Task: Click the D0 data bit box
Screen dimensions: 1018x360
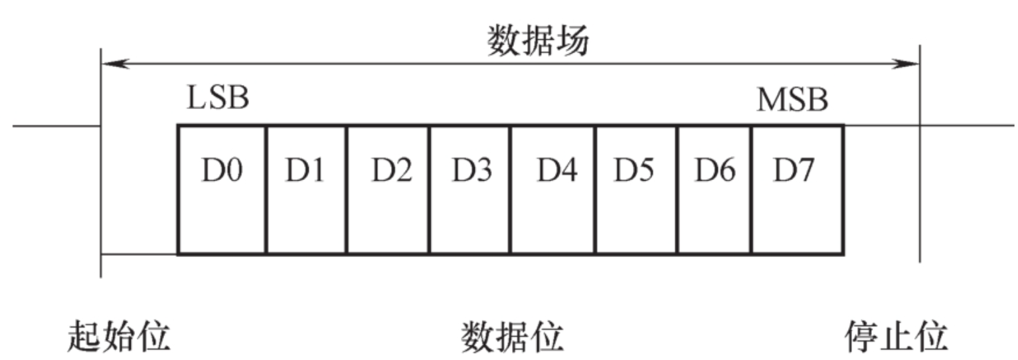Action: tap(222, 189)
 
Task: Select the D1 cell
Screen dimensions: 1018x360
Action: tap(306, 189)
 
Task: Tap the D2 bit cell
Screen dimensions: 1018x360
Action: tap(388, 189)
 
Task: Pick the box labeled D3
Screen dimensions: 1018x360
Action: tap(470, 189)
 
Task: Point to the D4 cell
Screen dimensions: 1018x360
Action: tap(553, 189)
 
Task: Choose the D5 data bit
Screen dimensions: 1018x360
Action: tap(636, 189)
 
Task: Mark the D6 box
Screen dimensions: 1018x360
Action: tap(715, 189)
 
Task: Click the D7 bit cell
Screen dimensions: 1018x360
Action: tap(797, 189)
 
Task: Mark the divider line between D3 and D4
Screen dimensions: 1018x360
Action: tap(511, 189)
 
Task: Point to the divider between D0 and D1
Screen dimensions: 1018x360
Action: tap(266, 189)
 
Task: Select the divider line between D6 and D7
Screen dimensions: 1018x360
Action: tap(752, 189)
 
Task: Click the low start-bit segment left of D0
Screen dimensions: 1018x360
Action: tap(139, 253)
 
